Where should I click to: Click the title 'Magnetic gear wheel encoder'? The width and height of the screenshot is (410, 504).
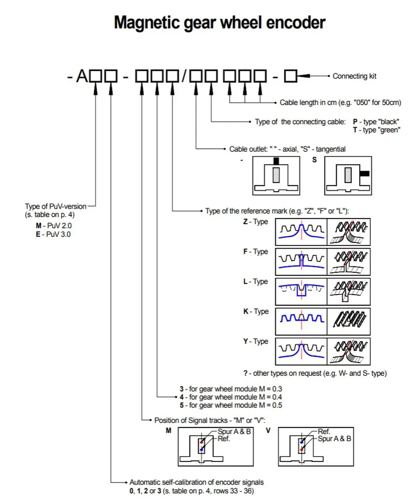(x=219, y=22)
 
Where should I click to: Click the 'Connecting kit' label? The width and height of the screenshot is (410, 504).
(x=354, y=76)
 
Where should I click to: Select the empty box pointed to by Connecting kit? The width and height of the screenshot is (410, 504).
(x=291, y=76)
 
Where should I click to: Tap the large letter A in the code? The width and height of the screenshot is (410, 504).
(x=82, y=76)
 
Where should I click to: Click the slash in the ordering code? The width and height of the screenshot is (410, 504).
(x=184, y=75)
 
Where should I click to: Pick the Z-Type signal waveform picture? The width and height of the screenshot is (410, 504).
(x=301, y=232)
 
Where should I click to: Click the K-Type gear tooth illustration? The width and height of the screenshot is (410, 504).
(x=348, y=321)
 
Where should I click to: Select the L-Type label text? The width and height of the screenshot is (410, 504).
(x=255, y=282)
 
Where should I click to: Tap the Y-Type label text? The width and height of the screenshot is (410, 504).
(x=255, y=341)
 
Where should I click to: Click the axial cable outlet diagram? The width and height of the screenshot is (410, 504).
(x=276, y=175)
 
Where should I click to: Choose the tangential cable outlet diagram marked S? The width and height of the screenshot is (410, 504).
(x=348, y=175)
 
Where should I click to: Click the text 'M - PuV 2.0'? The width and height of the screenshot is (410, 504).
(x=54, y=226)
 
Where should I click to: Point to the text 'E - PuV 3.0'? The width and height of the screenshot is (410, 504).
(x=53, y=234)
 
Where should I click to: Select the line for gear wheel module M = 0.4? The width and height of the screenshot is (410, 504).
(x=231, y=397)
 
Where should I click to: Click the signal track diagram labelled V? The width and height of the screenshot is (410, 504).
(x=316, y=446)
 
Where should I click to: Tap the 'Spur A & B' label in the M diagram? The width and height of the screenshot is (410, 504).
(x=234, y=431)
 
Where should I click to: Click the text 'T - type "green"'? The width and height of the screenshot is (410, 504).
(x=376, y=130)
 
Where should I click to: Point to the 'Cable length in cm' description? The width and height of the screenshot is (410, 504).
(x=340, y=103)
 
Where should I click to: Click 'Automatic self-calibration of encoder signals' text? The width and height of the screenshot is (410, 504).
(x=196, y=482)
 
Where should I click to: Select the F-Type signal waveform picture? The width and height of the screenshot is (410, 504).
(x=301, y=262)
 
